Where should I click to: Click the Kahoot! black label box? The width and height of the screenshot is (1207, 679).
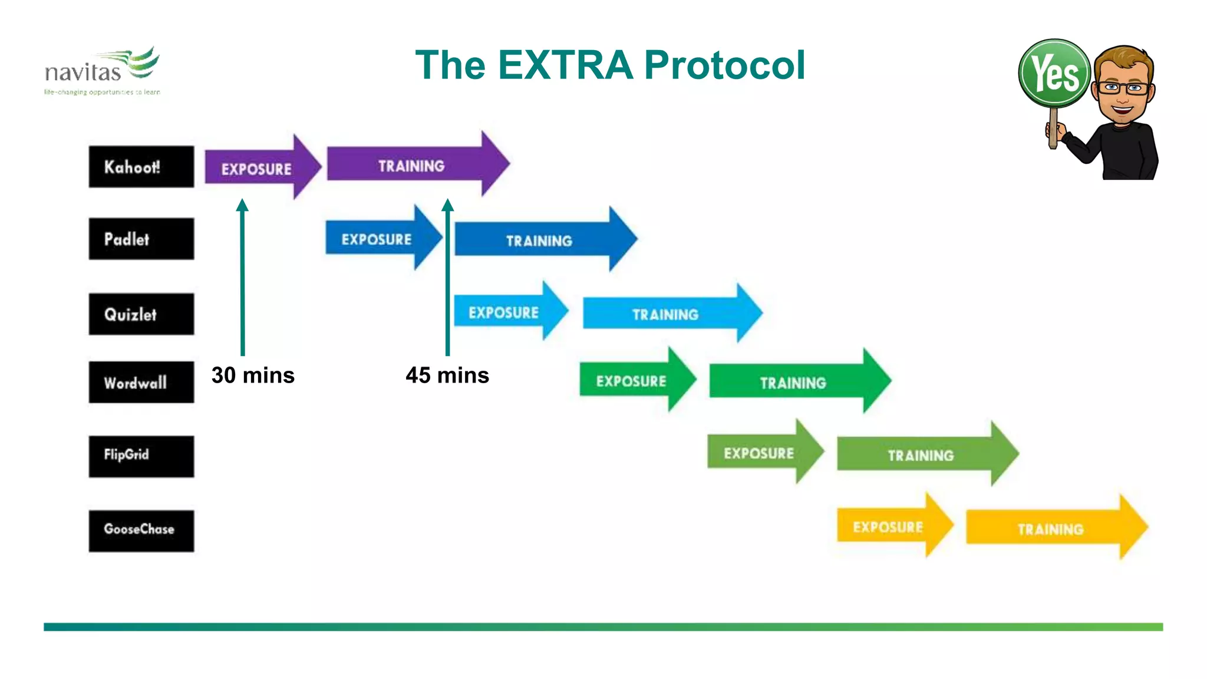pos(141,167)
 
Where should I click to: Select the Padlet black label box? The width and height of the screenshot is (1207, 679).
pos(141,239)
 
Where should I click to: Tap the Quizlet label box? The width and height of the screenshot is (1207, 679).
pos(141,314)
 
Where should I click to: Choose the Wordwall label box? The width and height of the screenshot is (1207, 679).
pos(141,383)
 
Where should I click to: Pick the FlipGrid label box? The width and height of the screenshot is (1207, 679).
pos(141,456)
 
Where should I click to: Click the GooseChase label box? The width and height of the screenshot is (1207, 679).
pos(141,530)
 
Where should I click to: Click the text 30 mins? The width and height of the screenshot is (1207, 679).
pos(253,375)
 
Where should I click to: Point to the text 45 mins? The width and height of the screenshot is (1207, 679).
pos(447,375)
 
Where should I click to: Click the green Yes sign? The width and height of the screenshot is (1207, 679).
pos(1054,73)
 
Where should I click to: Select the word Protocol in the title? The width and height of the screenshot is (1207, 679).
pos(724,65)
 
